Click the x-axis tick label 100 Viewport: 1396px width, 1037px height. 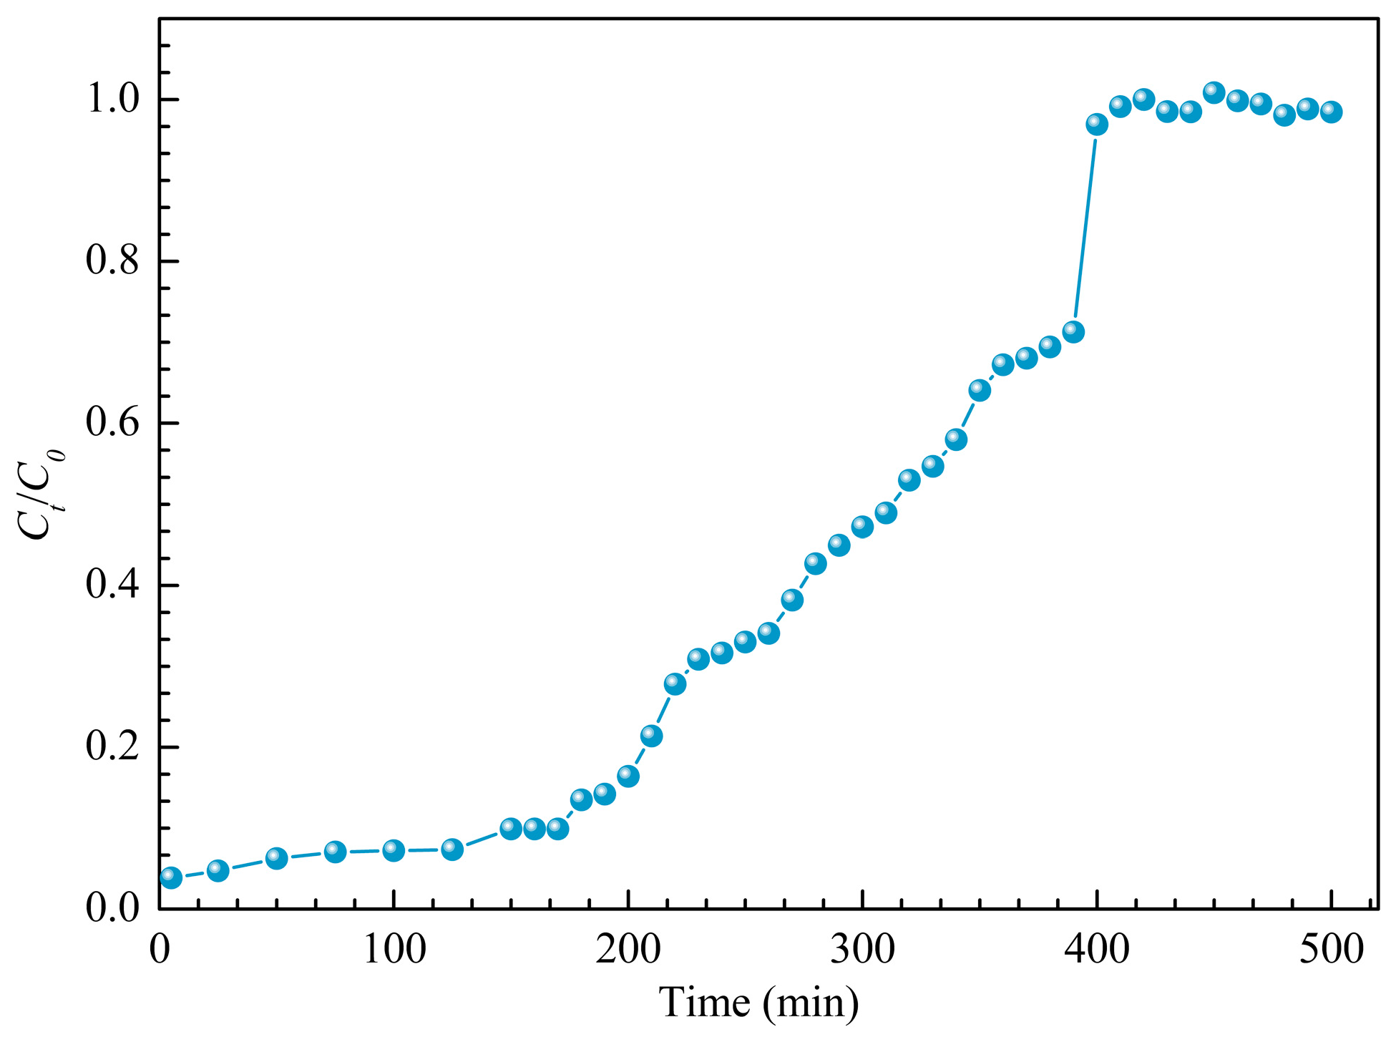394,950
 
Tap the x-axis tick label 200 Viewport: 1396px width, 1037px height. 628,950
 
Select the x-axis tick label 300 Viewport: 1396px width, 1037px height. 863,950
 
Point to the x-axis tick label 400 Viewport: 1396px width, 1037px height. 1097,950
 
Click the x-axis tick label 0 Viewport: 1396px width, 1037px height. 159,950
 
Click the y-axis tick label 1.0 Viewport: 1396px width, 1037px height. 112,99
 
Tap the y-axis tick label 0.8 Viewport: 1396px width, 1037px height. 112,261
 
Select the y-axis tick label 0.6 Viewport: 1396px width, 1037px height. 112,423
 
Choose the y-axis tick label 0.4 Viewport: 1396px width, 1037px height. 112,585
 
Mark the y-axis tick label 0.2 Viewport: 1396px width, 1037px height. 112,747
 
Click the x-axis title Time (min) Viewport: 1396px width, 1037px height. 758,1003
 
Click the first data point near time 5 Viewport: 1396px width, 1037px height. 170,877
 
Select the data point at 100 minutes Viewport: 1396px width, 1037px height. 394,851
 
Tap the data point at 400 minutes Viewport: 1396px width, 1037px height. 1097,125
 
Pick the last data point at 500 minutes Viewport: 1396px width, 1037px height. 1331,112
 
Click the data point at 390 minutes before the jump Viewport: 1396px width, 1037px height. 1073,332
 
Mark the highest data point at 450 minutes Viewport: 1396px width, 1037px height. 1214,92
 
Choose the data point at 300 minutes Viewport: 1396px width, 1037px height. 862,527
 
